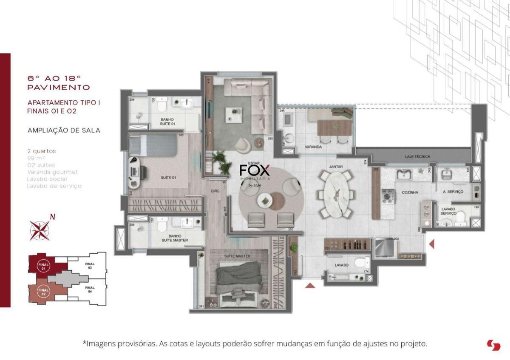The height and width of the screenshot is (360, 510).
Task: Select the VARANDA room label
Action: pyautogui.click(x=312, y=147)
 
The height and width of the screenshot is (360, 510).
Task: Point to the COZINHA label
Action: pyautogui.click(x=410, y=193)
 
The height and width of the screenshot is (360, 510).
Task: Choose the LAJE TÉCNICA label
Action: pyautogui.click(x=417, y=157)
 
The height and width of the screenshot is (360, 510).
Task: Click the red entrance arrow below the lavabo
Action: pyautogui.click(x=310, y=286)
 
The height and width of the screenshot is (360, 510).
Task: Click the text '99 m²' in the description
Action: pyautogui.click(x=36, y=158)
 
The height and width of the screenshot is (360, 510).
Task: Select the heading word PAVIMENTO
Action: pyautogui.click(x=58, y=88)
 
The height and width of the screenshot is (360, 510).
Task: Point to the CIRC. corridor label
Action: pyautogui.click(x=215, y=192)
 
